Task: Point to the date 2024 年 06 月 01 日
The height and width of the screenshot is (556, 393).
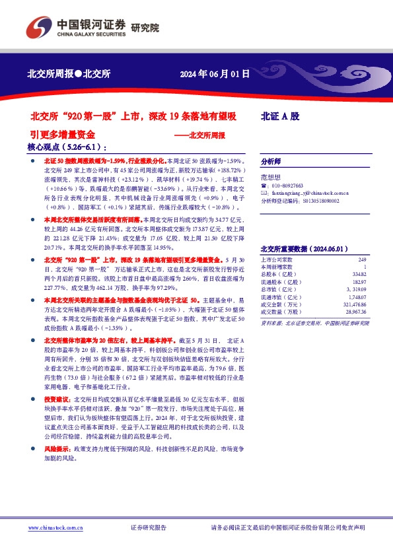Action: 215,75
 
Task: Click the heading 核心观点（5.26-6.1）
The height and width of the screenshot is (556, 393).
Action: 67,147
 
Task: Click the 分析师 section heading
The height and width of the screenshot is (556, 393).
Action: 271,161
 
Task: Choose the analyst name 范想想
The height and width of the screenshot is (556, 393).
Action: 271,178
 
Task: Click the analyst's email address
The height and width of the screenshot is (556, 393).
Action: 310,193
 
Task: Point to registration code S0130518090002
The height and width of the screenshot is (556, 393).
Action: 321,201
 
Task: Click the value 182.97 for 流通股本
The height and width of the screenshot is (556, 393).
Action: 358,281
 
